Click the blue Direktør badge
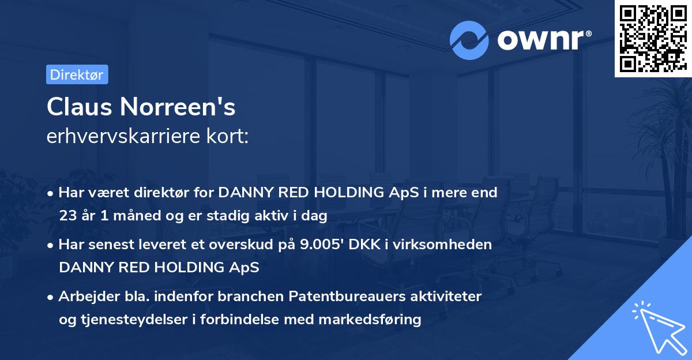pyautogui.click(x=77, y=74)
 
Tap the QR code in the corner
pyautogui.click(x=653, y=38)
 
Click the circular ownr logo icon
pyautogui.click(x=469, y=40)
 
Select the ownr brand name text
pyautogui.click(x=544, y=40)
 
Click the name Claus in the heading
pyautogui.click(x=80, y=107)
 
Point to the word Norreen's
pyautogui.click(x=178, y=107)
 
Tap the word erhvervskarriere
pyautogui.click(x=123, y=136)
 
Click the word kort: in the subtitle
pyautogui.click(x=227, y=136)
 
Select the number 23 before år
pyautogui.click(x=68, y=215)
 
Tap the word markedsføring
pyautogui.click(x=370, y=320)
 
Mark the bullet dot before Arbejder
pyautogui.click(x=50, y=297)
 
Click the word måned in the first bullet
pyautogui.click(x=137, y=215)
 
